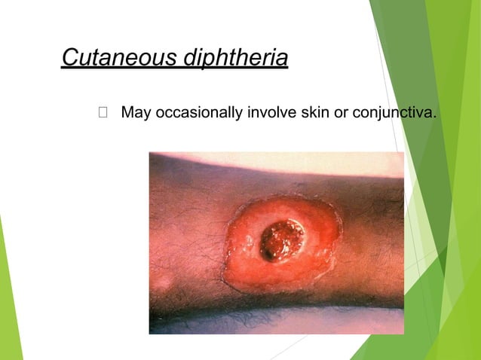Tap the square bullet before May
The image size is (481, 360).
point(103,114)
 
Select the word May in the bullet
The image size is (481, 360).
point(136,114)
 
